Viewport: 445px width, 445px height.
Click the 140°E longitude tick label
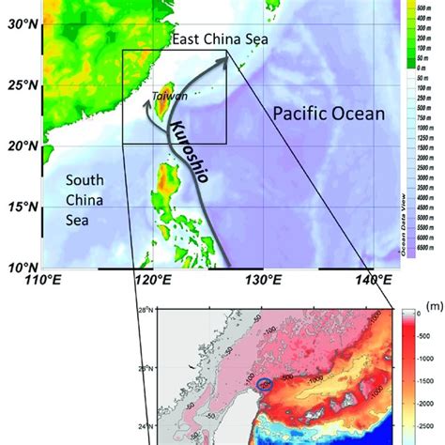(x=374, y=281)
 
